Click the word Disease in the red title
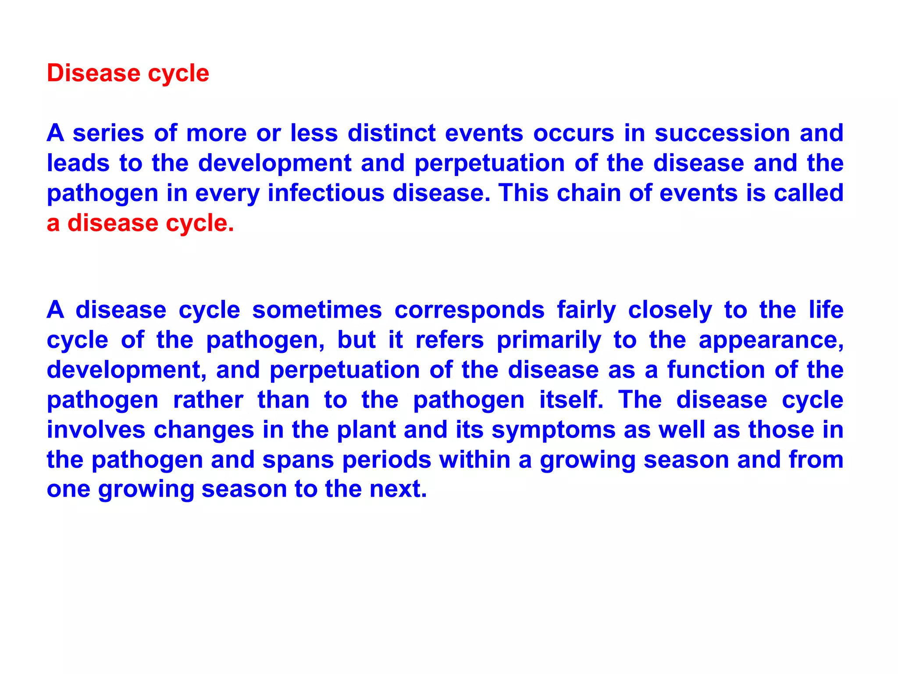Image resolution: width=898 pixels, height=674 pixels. [x=93, y=73]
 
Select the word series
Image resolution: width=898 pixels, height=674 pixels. [x=108, y=133]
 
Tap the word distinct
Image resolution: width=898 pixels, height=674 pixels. [x=392, y=133]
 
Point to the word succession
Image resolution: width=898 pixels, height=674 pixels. [x=722, y=133]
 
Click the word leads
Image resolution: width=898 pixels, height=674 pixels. [x=78, y=163]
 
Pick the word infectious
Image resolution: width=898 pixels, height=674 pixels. [x=325, y=193]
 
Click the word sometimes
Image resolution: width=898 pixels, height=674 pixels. [x=317, y=310]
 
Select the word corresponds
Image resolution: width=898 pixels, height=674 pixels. [x=469, y=310]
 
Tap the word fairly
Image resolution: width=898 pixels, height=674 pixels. [x=586, y=310]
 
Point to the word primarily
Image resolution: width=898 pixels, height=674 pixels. [x=549, y=340]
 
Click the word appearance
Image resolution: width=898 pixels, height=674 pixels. [x=770, y=340]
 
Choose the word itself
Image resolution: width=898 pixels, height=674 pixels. [x=571, y=400]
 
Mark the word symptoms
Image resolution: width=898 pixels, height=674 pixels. [x=553, y=430]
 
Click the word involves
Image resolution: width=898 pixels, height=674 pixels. [x=96, y=430]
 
